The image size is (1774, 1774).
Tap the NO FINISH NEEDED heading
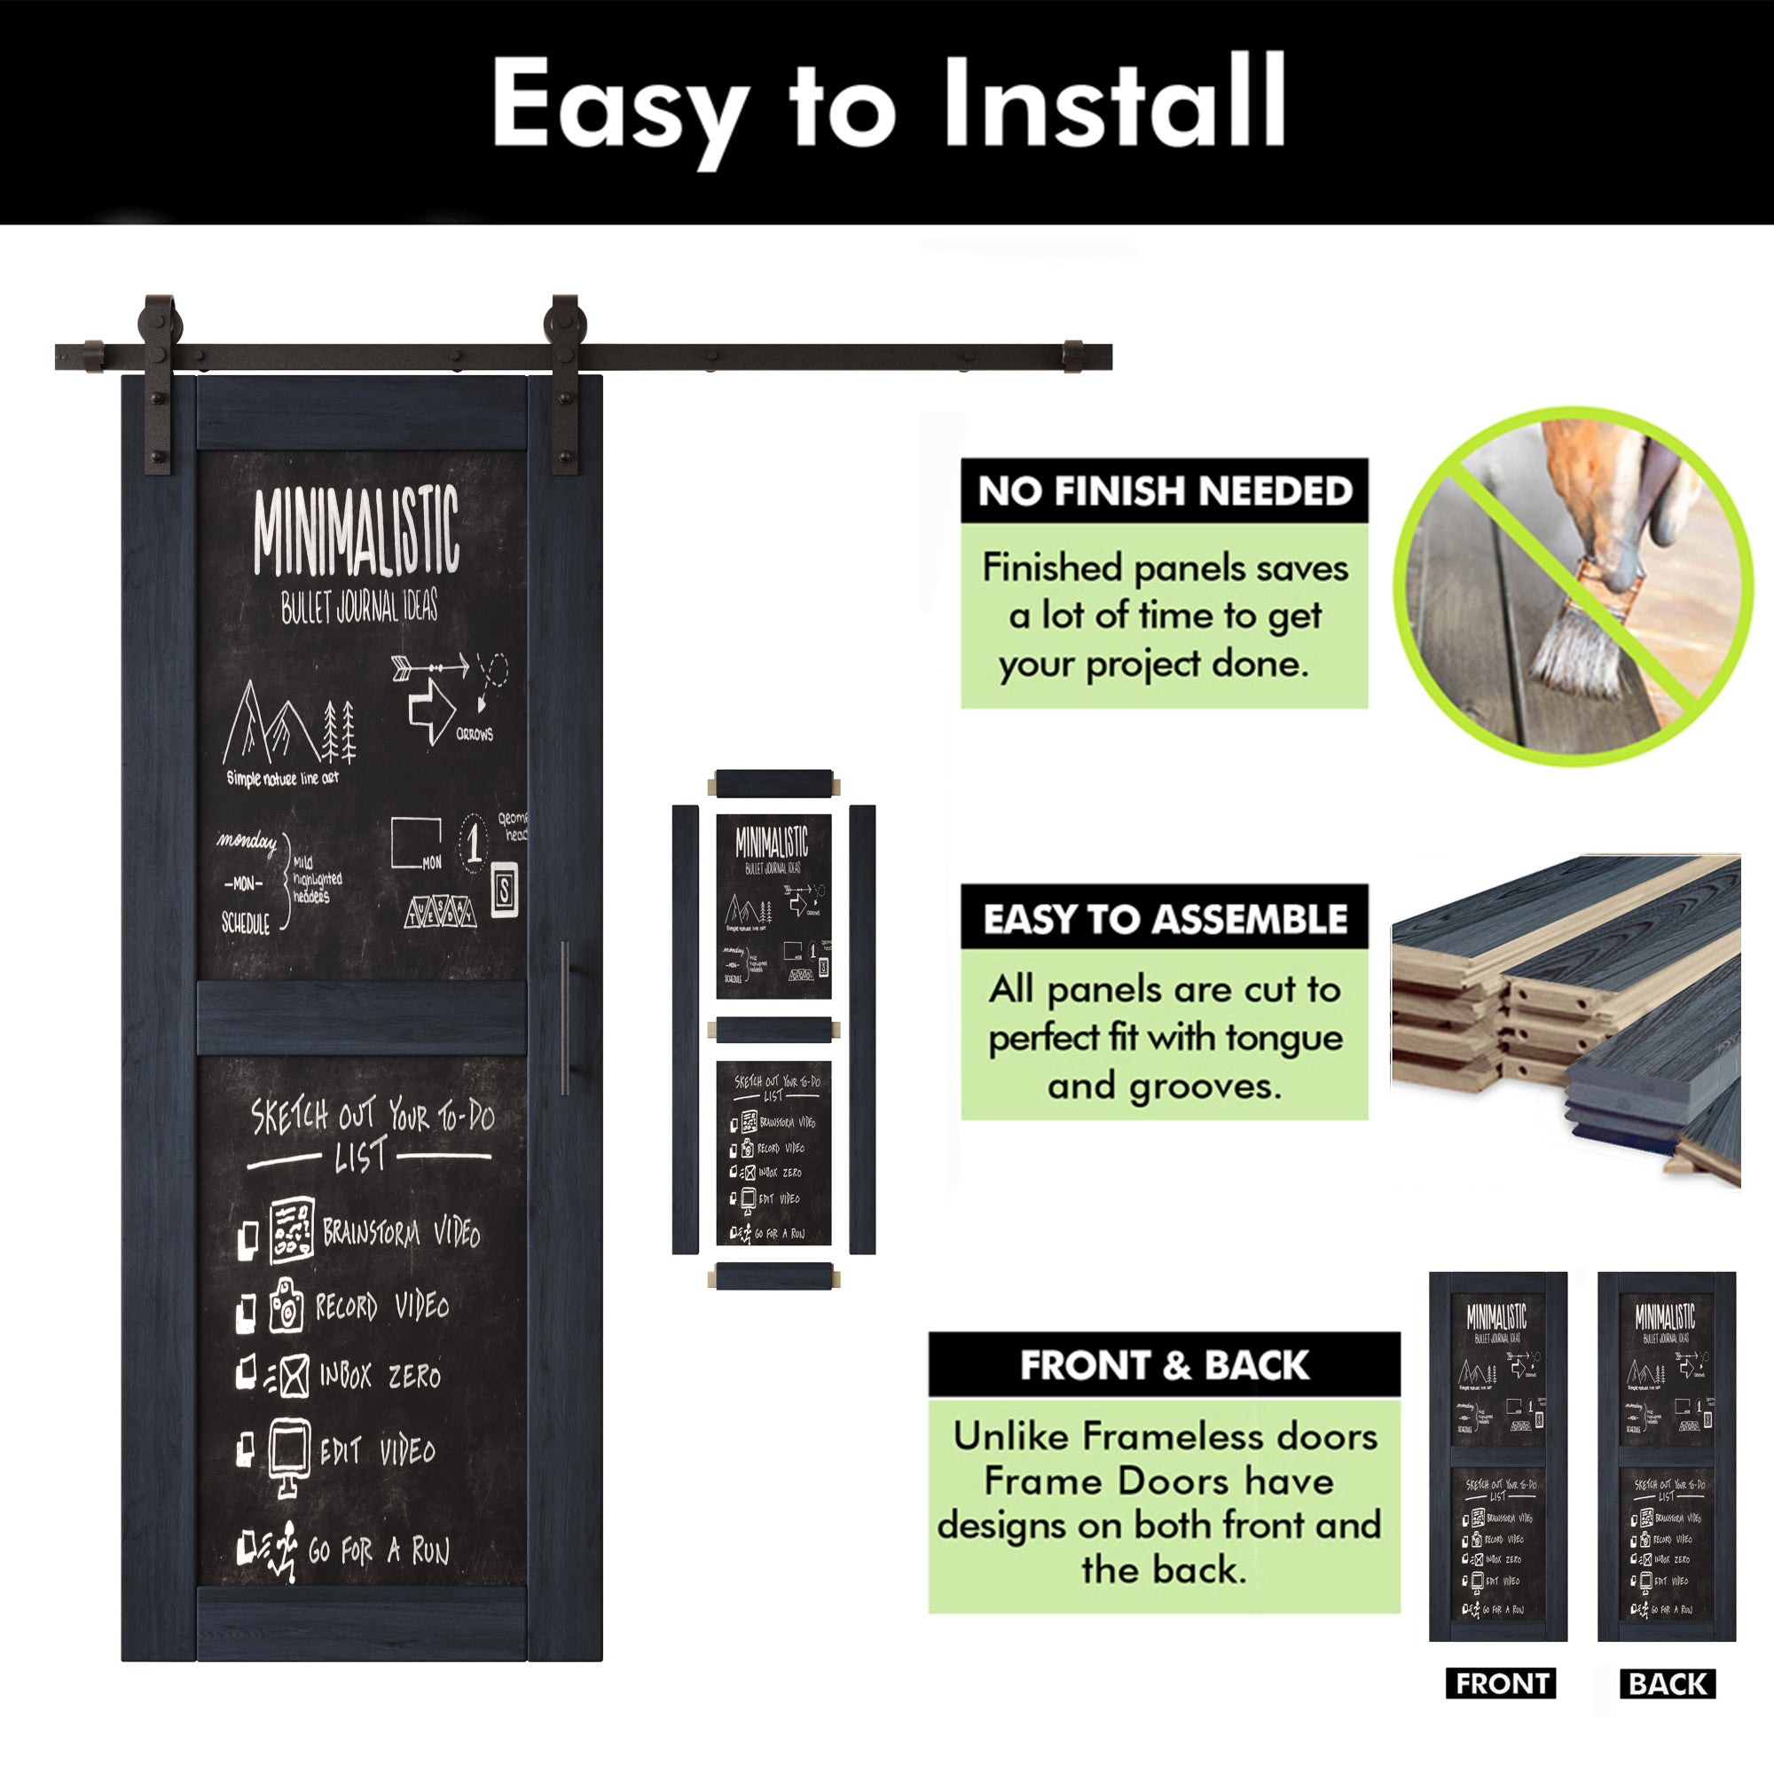point(1165,491)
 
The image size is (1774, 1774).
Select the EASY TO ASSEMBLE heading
point(1165,918)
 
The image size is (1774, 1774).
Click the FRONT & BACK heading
point(1165,1365)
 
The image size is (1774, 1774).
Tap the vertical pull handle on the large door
point(566,1017)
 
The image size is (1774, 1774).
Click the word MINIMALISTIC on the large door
point(357,532)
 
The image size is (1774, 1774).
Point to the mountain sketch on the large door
point(271,726)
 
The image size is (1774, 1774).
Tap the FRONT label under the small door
point(1501,1684)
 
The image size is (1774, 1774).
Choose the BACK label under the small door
point(1668,1684)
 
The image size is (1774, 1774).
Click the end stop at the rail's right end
point(1072,357)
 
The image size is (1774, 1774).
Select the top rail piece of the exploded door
point(773,783)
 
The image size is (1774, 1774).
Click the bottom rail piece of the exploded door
point(773,1276)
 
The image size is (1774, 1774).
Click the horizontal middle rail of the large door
point(362,1017)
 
